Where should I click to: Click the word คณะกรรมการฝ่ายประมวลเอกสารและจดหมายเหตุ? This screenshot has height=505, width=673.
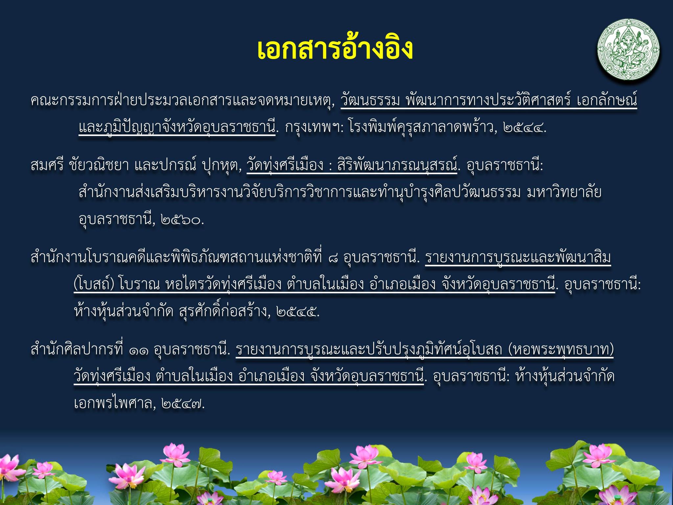pos(182,100)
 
